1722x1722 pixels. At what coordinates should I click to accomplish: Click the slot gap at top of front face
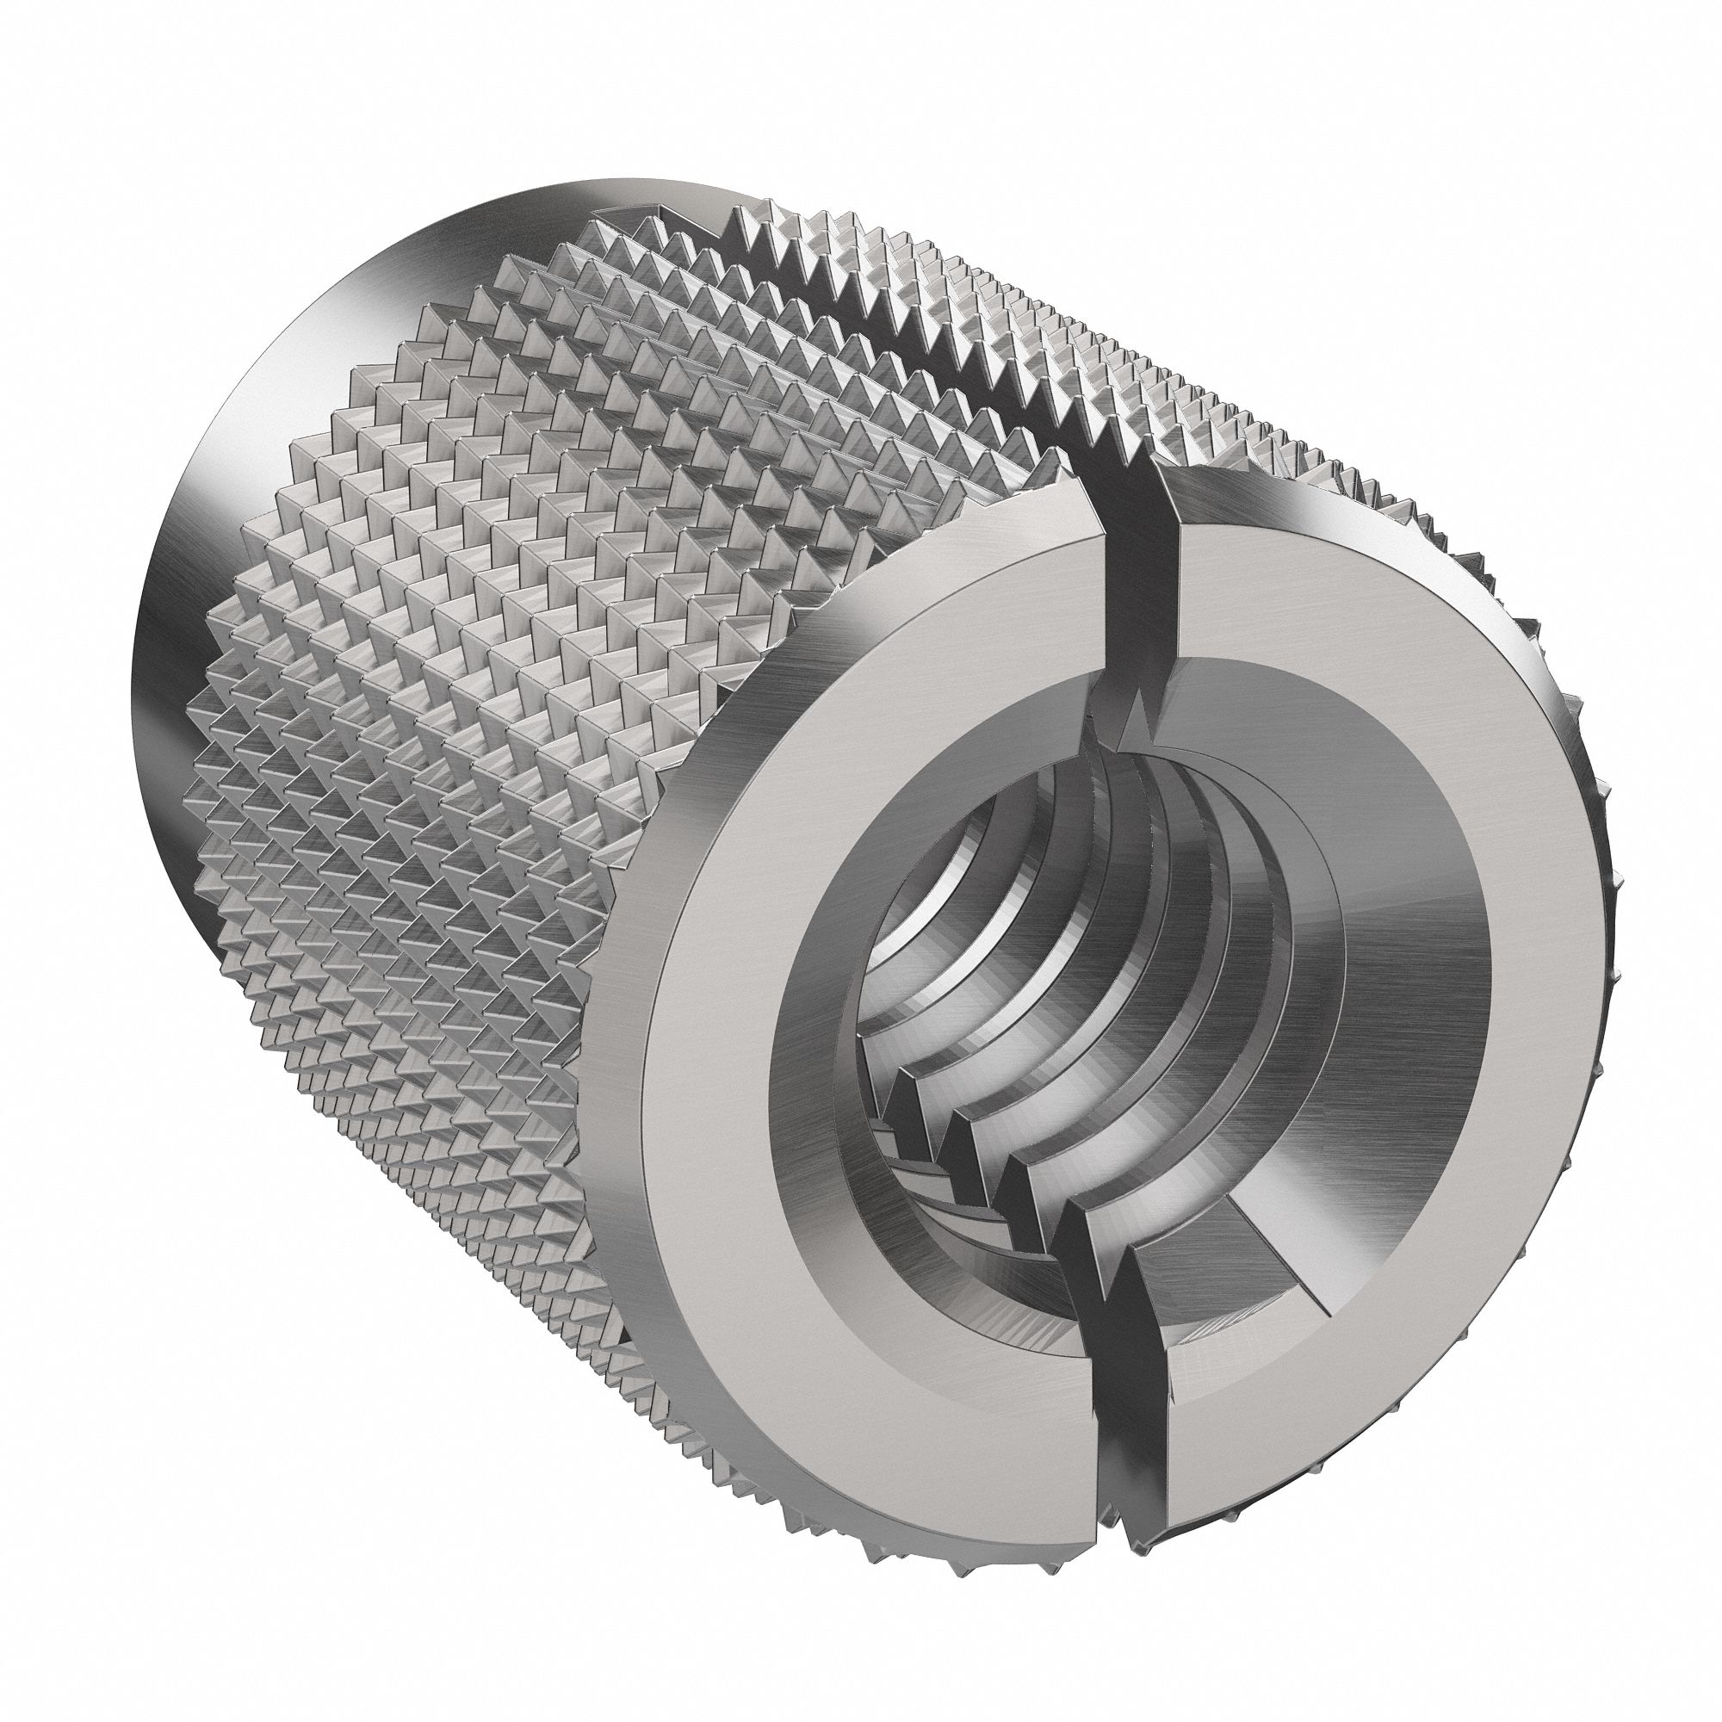(1142, 571)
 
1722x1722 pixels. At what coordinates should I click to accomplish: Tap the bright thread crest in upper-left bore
(945, 856)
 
